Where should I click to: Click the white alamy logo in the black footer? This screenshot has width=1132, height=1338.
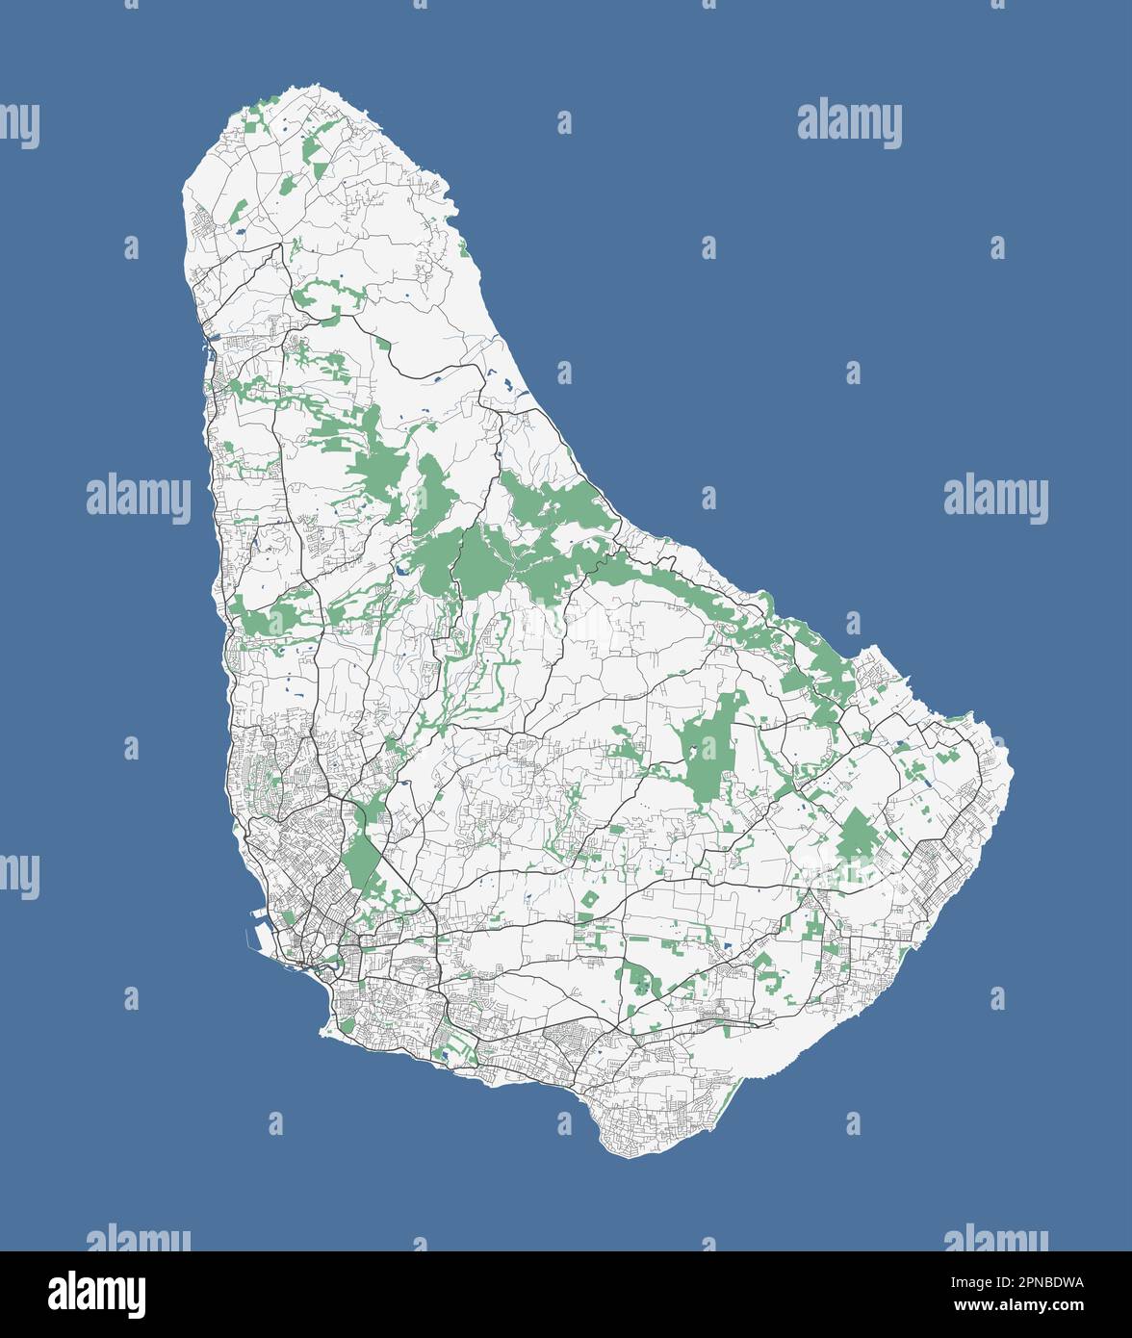pyautogui.click(x=96, y=1295)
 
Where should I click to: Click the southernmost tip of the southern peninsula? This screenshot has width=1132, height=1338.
pyautogui.click(x=626, y=1156)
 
